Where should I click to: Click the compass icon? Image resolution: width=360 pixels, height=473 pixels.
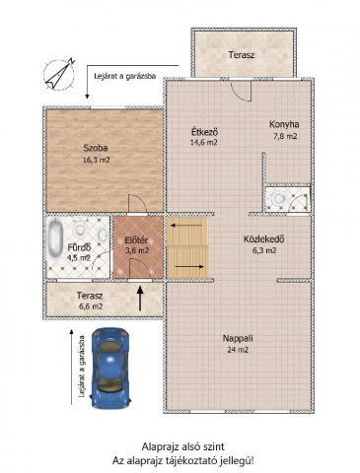(x=59, y=73)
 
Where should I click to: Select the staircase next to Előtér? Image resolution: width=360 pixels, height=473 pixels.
(x=188, y=249)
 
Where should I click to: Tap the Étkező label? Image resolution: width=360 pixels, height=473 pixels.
(x=204, y=131)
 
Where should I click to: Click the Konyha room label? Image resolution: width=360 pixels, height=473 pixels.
(x=283, y=124)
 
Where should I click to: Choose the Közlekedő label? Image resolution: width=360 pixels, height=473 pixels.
(x=264, y=237)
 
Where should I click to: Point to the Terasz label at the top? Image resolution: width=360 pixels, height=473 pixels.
(x=242, y=54)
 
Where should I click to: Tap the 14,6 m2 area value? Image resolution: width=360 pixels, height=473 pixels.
(x=204, y=143)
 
